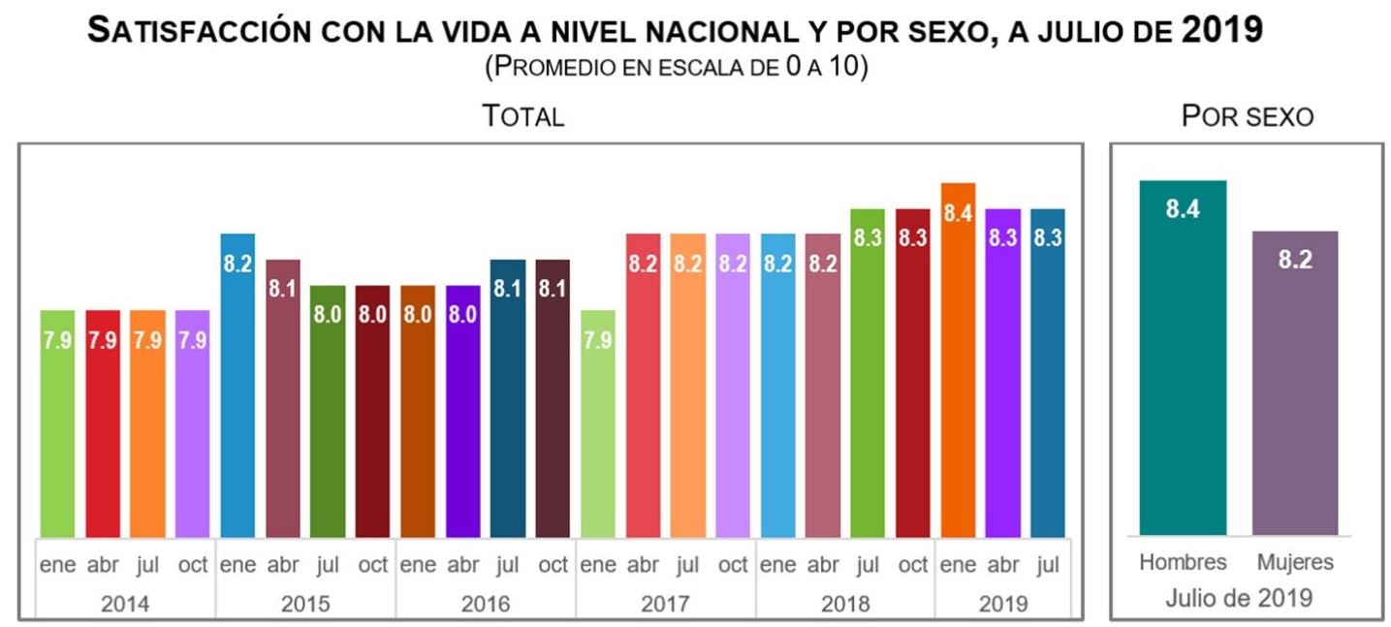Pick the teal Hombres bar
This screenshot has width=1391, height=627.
click(x=1183, y=358)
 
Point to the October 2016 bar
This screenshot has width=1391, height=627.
click(x=553, y=397)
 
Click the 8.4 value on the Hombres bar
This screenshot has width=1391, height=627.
click(x=1183, y=209)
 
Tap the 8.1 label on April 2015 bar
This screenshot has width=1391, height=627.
click(x=282, y=289)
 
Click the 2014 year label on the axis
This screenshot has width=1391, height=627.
click(x=125, y=604)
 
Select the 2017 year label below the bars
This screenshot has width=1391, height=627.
click(x=665, y=604)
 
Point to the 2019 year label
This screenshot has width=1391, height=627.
click(x=1002, y=604)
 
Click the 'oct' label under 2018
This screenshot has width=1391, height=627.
click(x=912, y=565)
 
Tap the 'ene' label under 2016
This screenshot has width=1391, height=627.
click(x=418, y=565)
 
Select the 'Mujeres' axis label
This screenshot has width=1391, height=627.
click(x=1295, y=562)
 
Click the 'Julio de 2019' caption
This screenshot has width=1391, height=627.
click(x=1239, y=596)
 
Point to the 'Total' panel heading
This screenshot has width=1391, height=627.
click(x=523, y=117)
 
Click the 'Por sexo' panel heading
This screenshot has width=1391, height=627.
click(x=1247, y=117)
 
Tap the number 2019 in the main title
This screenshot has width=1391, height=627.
click(x=1223, y=31)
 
